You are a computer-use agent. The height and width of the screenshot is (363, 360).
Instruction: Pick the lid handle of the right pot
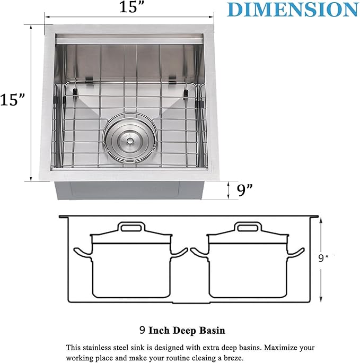coord(249,228)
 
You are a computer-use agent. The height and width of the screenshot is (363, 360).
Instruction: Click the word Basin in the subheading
coord(212,330)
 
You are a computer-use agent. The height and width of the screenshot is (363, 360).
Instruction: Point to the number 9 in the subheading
coord(142,330)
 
